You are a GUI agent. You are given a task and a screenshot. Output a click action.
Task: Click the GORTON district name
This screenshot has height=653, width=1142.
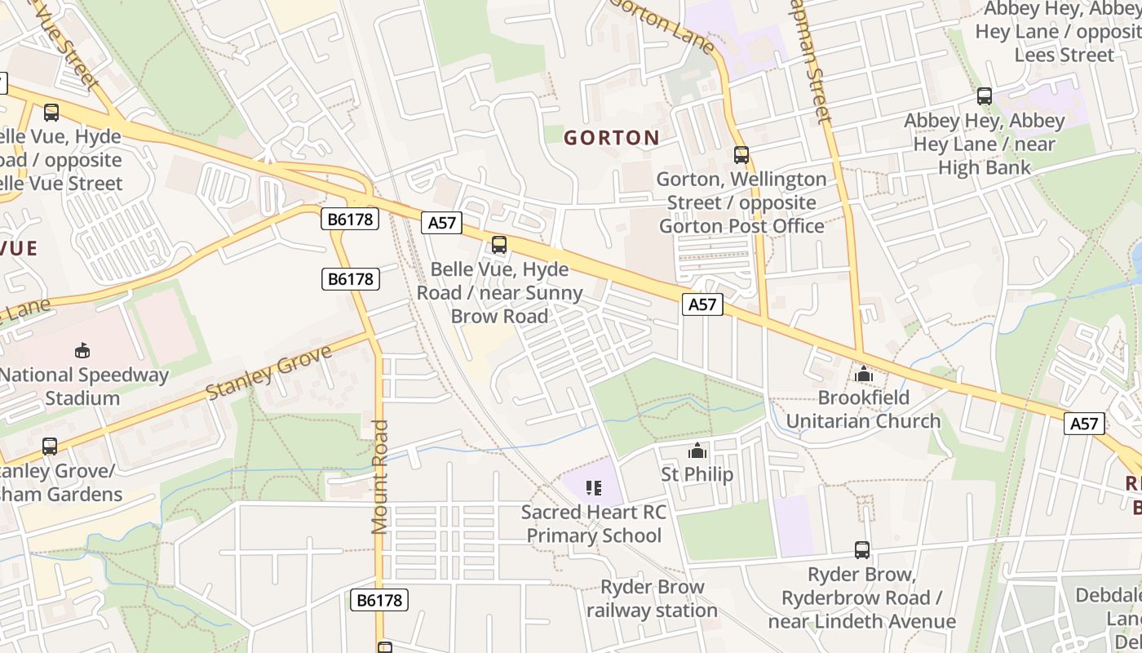[612, 138]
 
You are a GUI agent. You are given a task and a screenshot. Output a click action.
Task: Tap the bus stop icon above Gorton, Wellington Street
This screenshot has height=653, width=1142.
[741, 154]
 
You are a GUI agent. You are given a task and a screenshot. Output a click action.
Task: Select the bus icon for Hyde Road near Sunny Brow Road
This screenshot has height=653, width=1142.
[499, 244]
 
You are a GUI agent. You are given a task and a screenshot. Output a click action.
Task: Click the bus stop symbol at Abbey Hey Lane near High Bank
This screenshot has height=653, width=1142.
[985, 96]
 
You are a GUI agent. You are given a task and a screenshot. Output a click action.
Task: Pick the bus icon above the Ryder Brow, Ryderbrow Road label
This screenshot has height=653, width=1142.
[862, 550]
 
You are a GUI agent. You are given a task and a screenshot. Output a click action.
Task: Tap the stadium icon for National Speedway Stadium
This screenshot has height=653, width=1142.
[82, 351]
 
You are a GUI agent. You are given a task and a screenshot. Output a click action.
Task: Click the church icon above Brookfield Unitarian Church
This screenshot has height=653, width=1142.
[863, 375]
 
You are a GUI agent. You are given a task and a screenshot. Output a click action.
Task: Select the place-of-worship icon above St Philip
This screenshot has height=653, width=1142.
[697, 451]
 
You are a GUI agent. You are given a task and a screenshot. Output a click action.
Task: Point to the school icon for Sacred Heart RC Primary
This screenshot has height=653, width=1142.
[594, 488]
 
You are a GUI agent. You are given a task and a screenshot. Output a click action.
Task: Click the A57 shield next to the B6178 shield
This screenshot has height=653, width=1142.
[441, 223]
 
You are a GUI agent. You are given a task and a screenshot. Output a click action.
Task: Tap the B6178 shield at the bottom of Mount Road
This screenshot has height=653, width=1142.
[379, 601]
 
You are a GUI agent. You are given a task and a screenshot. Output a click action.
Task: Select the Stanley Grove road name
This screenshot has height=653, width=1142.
[269, 372]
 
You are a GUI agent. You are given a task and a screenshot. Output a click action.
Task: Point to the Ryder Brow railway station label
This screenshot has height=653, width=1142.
[652, 598]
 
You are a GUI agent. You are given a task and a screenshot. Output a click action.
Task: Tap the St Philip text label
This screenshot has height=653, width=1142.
[697, 474]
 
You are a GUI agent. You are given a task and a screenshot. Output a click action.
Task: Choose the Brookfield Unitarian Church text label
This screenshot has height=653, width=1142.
[863, 410]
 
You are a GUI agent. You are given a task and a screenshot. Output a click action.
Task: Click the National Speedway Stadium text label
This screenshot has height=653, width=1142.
[83, 387]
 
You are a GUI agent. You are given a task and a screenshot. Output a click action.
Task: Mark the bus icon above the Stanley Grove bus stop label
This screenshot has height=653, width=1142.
[50, 446]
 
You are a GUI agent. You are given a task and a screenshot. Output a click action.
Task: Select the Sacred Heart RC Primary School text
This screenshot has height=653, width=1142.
[594, 524]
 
